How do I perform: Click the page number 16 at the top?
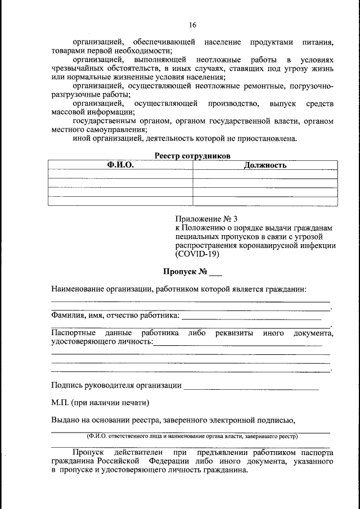click(x=192, y=26)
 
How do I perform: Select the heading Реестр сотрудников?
click(x=192, y=156)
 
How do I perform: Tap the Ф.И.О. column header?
click(x=120, y=165)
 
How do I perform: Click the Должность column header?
click(x=265, y=165)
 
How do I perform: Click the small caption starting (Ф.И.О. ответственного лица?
click(x=192, y=436)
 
